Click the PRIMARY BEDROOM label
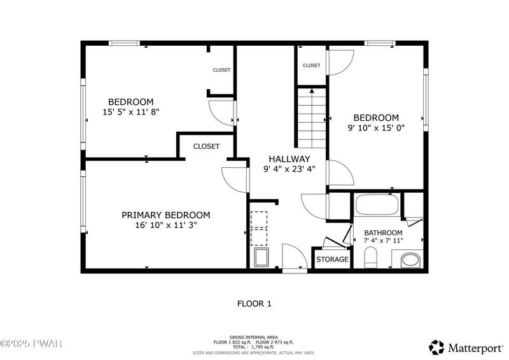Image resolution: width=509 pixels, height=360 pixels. point(165,215)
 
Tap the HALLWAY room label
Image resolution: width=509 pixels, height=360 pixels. point(289,159)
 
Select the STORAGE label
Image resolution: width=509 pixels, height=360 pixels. point(332,260)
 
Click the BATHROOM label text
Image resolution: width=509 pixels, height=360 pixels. point(383,233)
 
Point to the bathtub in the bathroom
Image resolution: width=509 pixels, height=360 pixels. point(377,205)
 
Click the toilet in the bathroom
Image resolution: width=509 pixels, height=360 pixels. point(370,258)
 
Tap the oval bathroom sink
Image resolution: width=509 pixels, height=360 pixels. point(410,260)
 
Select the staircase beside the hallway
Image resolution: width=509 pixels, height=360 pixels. point(312,118)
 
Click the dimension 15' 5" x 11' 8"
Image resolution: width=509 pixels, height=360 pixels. point(131,113)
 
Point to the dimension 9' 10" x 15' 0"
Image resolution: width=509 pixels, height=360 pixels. point(376,128)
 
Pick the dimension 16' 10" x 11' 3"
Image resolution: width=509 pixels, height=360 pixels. point(166,225)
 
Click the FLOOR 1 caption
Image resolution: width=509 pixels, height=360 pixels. point(254,304)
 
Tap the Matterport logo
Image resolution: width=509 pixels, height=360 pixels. point(466,348)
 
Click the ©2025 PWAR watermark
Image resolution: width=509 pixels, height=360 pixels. point(31,343)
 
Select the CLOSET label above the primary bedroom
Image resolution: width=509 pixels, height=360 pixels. point(206,146)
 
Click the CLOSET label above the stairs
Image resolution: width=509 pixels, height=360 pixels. point(311,66)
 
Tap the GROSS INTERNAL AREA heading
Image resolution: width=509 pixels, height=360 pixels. point(253,337)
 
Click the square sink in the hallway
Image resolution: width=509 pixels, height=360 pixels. point(261,258)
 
